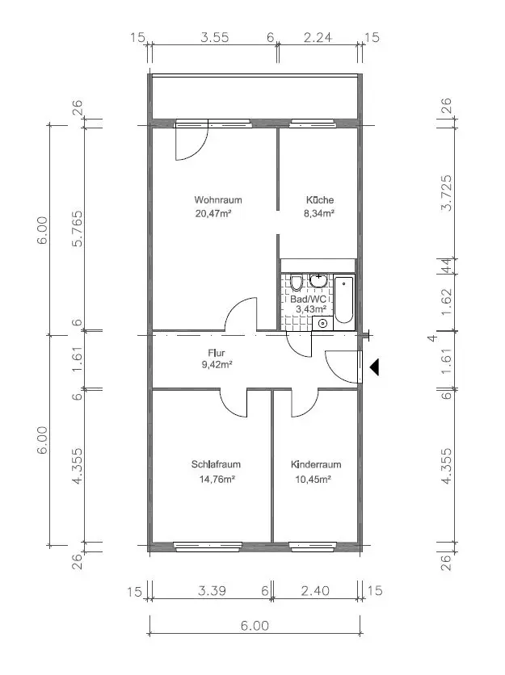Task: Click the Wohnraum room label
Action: click(x=218, y=199)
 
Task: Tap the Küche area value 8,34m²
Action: click(x=320, y=213)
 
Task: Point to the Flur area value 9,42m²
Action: click(x=217, y=365)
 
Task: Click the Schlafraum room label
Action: click(x=216, y=464)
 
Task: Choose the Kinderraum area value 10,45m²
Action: click(x=314, y=479)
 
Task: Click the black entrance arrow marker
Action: click(x=374, y=367)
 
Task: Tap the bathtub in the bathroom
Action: click(x=344, y=300)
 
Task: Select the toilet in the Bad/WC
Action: click(x=296, y=283)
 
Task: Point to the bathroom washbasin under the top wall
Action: click(x=318, y=281)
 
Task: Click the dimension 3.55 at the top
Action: click(x=215, y=37)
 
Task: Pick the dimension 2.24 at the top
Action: click(x=318, y=37)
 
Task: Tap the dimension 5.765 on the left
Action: click(x=77, y=228)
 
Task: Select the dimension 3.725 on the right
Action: click(x=447, y=192)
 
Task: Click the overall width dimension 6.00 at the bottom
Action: click(x=255, y=625)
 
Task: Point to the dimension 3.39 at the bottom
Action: click(x=212, y=590)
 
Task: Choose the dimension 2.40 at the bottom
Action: click(x=315, y=590)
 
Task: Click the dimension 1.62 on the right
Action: click(x=447, y=301)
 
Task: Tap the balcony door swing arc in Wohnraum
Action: click(x=200, y=150)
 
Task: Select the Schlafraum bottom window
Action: click(x=208, y=547)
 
